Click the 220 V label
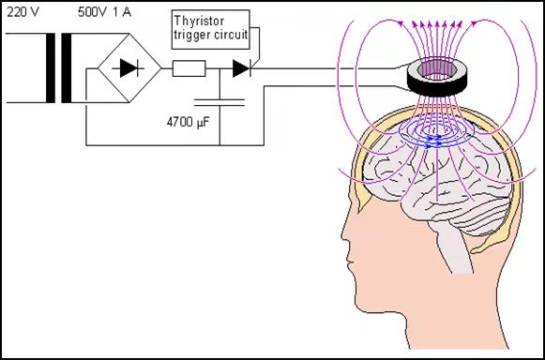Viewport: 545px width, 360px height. point(23,12)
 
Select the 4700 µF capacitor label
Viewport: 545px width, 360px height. point(188,123)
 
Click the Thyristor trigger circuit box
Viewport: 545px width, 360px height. point(211,30)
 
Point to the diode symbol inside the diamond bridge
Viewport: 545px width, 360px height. point(129,68)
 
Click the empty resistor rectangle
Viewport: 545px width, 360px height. point(189,68)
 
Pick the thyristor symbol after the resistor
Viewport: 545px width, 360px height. point(242,68)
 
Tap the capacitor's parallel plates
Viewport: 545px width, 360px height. point(220,102)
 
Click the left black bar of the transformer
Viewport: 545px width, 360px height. point(51,68)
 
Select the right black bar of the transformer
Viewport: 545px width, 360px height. point(67,68)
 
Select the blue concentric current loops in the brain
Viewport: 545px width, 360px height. point(437,133)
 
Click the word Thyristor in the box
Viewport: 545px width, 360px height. point(199,21)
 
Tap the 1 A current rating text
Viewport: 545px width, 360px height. point(122,12)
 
